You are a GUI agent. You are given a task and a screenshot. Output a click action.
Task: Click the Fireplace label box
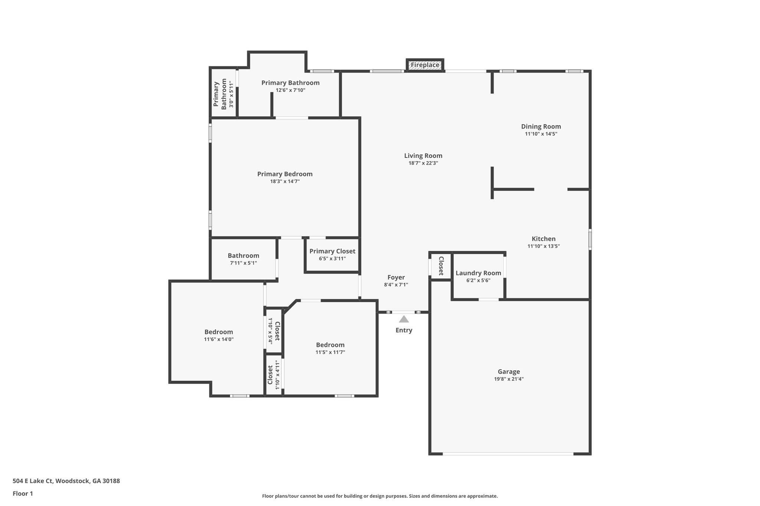coord(425,65)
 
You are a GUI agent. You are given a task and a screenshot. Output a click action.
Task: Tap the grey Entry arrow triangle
coord(404,319)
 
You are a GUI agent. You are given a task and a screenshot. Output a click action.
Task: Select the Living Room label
coord(423,156)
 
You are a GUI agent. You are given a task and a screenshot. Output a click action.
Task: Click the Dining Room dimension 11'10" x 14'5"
coord(541,134)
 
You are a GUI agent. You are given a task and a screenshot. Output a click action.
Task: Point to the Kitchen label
coord(543,239)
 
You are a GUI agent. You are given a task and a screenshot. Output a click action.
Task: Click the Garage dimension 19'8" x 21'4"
coord(508,379)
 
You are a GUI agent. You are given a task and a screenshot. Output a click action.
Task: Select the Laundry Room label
coord(478,273)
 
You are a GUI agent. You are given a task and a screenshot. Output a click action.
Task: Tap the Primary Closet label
coord(332,251)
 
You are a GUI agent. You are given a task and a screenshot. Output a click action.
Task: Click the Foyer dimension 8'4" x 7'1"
coord(396,285)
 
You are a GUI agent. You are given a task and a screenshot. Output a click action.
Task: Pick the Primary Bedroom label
coord(285,174)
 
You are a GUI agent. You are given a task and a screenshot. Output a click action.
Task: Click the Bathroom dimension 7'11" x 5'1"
coord(243,263)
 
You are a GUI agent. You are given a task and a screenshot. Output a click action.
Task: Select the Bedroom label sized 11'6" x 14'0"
coord(219,332)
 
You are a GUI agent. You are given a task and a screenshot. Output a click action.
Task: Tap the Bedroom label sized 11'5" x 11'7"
coord(330,345)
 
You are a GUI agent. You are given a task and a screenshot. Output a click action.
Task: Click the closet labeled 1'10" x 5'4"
coord(274,330)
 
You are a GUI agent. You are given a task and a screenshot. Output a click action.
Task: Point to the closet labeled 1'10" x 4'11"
coord(274,375)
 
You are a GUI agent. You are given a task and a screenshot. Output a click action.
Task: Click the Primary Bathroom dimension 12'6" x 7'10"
coord(290,90)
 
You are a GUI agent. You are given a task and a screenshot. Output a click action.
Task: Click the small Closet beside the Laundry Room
coord(441,266)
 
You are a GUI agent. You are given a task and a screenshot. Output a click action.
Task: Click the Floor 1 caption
coord(23,493)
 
